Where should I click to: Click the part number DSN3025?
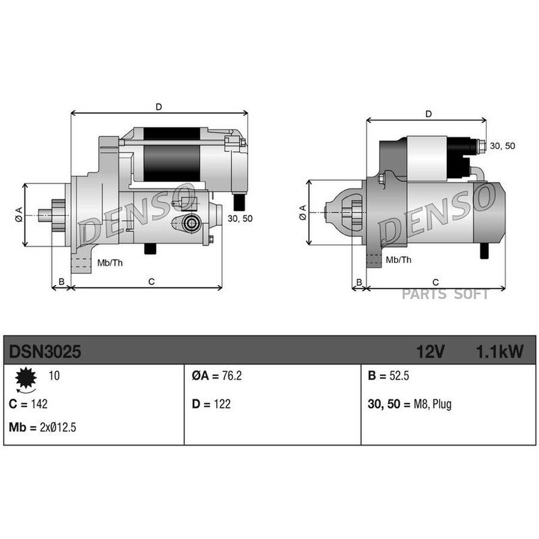(45, 352)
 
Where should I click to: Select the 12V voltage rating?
(431, 352)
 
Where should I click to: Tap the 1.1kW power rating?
(499, 352)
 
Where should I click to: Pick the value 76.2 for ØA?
(232, 376)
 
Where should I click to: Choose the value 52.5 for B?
(399, 376)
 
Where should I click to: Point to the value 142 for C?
(39, 404)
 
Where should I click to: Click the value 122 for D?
(222, 404)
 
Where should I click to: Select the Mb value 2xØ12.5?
(57, 427)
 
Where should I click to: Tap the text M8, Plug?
(432, 404)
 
